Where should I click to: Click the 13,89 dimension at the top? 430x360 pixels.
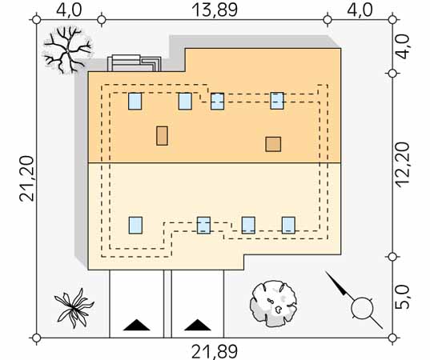point(214,10)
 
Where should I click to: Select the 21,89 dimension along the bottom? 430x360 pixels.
point(214,352)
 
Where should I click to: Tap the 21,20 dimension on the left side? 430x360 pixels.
point(27,178)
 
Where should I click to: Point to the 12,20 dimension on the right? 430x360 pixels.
point(403,165)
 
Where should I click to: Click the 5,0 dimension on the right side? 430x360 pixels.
point(403,297)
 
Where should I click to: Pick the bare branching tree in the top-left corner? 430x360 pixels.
point(67,50)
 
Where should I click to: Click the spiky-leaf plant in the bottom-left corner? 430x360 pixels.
point(74,308)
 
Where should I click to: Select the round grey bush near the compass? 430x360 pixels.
point(273,303)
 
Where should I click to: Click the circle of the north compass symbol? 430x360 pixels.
point(362,308)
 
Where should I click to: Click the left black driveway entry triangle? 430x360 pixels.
point(137,325)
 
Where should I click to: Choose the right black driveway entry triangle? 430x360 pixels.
point(198,325)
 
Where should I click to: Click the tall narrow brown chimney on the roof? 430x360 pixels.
point(162,136)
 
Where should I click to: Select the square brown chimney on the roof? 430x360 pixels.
point(273,144)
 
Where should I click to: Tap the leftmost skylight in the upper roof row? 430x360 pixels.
point(135,101)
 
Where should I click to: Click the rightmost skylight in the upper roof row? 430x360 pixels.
point(277,101)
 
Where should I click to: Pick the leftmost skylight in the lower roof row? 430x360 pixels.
point(135,226)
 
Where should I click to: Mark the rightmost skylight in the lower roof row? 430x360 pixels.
point(288,226)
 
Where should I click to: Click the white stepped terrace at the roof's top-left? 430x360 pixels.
point(134,63)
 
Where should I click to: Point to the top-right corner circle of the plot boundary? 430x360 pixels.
point(392,20)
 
